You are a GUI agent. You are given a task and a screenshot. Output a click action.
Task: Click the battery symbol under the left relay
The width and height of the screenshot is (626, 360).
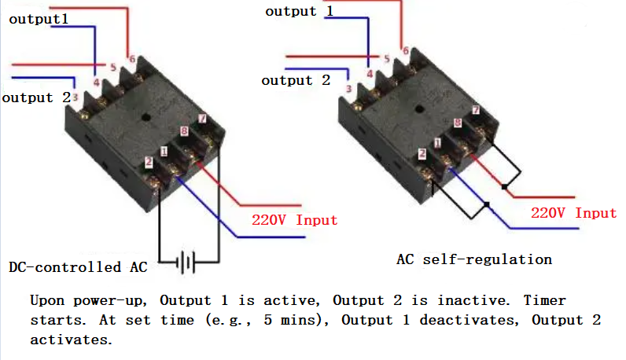coord(186,263)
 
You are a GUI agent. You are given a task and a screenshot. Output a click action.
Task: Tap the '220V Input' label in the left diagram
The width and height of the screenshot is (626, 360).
coord(294,220)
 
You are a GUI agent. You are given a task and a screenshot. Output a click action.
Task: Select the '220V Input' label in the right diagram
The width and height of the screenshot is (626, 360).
coord(573,213)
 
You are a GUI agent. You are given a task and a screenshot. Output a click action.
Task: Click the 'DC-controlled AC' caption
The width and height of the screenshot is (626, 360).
coord(78,266)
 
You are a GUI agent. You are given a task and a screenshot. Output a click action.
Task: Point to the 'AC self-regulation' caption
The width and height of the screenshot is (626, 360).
coord(475,259)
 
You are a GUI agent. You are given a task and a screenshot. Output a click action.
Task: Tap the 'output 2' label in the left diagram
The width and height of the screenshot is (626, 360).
coord(36,97)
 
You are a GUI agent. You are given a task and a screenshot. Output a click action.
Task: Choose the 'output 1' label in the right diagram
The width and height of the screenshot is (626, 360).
coord(299,11)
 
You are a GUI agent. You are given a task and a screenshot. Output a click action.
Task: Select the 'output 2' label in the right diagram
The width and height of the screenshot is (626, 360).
coord(296,80)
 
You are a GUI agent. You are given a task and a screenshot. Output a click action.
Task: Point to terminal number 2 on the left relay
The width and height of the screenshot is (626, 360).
coord(148,163)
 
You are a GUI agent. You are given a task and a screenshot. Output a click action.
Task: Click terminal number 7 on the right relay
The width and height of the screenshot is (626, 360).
coord(475,110)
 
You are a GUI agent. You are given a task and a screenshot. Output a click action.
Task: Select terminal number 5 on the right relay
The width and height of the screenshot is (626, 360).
coord(386,59)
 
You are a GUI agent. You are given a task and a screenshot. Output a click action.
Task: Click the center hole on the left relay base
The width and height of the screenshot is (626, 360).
coord(145,118)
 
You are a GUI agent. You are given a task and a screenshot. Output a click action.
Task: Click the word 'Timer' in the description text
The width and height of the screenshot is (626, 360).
coord(544,301)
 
